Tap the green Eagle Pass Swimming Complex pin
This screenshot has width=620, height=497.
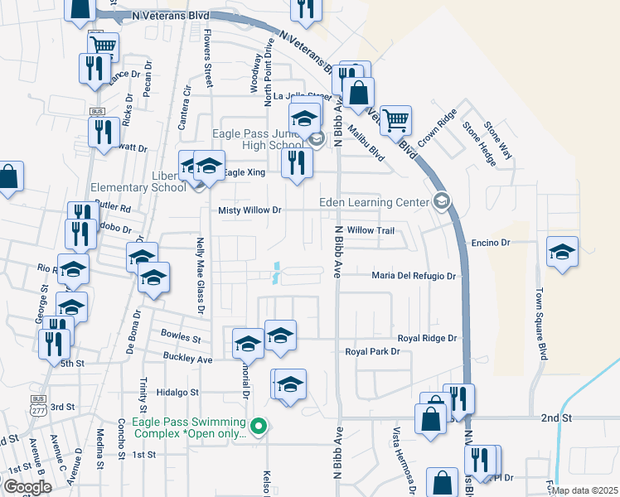click(x=259, y=427)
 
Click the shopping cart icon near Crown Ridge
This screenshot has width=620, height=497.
click(x=396, y=121)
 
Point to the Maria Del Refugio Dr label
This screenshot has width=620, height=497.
click(x=414, y=275)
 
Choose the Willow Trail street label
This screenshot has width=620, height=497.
click(x=370, y=229)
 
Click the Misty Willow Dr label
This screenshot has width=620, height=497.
click(x=249, y=210)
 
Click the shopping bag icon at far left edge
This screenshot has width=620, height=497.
click(x=7, y=178)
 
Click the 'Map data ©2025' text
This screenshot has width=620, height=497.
click(x=584, y=490)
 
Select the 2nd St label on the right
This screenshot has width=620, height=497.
click(x=556, y=418)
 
